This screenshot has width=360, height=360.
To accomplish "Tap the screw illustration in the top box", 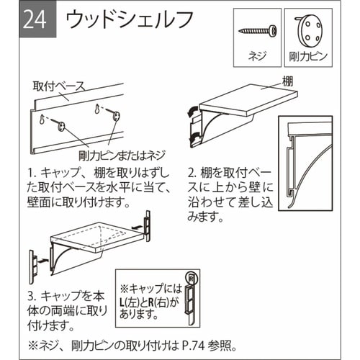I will (256, 31).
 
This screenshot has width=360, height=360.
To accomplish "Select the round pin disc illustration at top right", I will (308, 30).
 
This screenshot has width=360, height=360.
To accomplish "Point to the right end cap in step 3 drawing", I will (149, 225).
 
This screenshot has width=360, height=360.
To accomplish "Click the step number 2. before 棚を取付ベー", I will (190, 174).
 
